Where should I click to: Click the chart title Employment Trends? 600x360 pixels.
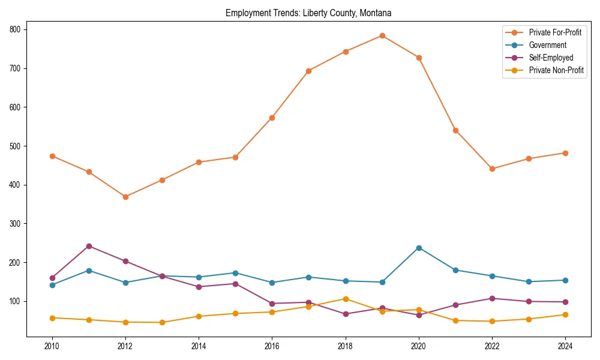click(x=308, y=13)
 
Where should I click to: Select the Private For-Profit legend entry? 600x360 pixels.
click(x=556, y=32)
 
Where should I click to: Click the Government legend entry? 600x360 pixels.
click(x=547, y=45)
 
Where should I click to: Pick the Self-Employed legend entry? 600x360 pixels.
click(x=551, y=58)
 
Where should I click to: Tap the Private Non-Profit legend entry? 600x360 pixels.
click(x=556, y=70)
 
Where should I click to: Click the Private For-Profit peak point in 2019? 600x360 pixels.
click(x=382, y=35)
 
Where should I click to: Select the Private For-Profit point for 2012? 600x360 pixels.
click(x=125, y=197)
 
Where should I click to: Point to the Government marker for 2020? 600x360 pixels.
click(x=419, y=248)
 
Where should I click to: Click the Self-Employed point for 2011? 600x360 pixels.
click(x=89, y=246)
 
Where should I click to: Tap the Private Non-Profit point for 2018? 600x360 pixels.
click(x=346, y=299)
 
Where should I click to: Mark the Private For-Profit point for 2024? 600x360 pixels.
click(x=565, y=153)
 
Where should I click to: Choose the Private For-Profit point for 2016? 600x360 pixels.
click(x=272, y=118)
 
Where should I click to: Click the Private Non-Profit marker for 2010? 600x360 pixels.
click(x=52, y=318)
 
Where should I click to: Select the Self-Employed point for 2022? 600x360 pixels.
click(x=492, y=298)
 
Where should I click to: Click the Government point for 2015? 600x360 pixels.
click(x=235, y=273)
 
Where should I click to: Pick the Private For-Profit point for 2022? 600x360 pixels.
click(x=492, y=169)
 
